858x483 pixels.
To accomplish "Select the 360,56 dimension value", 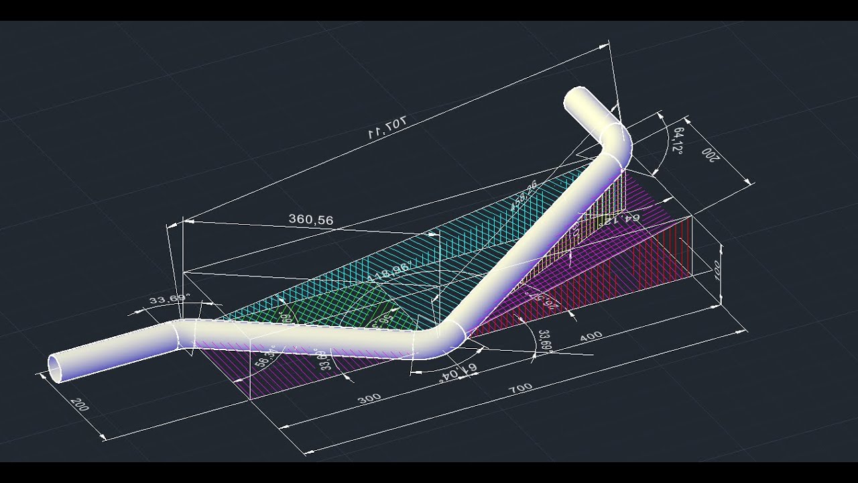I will [310, 219].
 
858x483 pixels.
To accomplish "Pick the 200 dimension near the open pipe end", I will [79, 405].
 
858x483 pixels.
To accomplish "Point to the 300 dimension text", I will [369, 398].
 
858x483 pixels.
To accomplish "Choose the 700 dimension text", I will [521, 387].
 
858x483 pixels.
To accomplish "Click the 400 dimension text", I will [591, 335].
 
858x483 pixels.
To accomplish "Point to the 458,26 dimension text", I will [524, 195].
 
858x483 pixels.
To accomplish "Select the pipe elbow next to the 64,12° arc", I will [615, 142].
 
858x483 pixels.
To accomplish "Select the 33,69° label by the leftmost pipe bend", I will [170, 299].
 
